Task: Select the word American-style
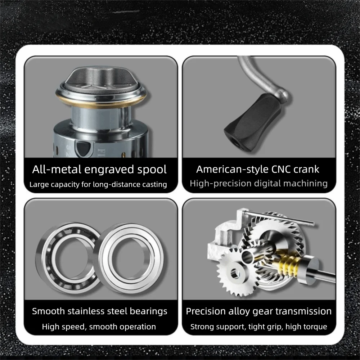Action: click(x=232, y=170)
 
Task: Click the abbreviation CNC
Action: click(x=280, y=170)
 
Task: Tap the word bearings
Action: click(x=149, y=312)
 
